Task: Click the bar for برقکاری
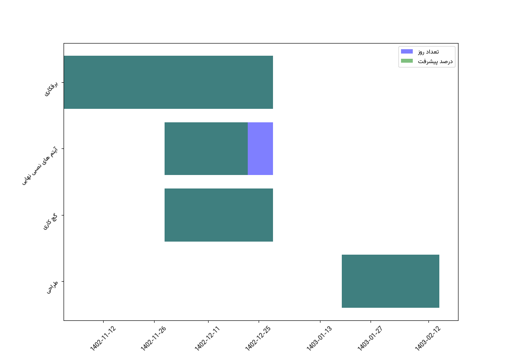tap(168, 82)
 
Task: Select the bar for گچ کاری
tap(219, 215)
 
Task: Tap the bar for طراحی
tap(390, 281)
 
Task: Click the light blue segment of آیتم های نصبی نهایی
tap(260, 149)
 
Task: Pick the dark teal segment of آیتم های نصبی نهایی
tap(206, 149)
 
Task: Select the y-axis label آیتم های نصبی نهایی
tap(40, 166)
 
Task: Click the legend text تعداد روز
tap(428, 52)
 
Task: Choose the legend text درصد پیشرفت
tap(435, 61)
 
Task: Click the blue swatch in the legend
tap(407, 52)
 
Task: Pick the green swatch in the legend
tap(407, 61)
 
